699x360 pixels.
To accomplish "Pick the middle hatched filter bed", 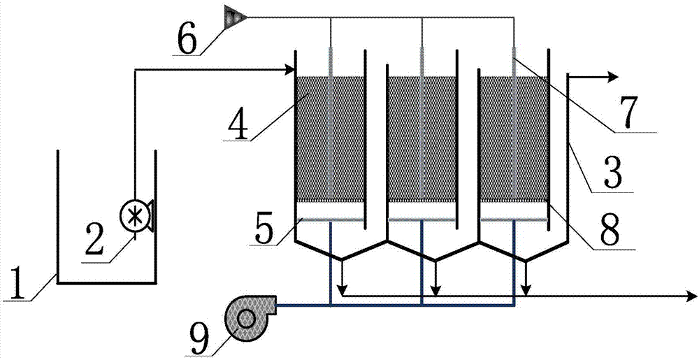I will [x=421, y=137].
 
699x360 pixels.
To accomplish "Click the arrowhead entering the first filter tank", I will [x=289, y=69].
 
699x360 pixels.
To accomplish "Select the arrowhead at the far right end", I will [x=691, y=297].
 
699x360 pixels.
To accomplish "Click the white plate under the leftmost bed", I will [x=330, y=209].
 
